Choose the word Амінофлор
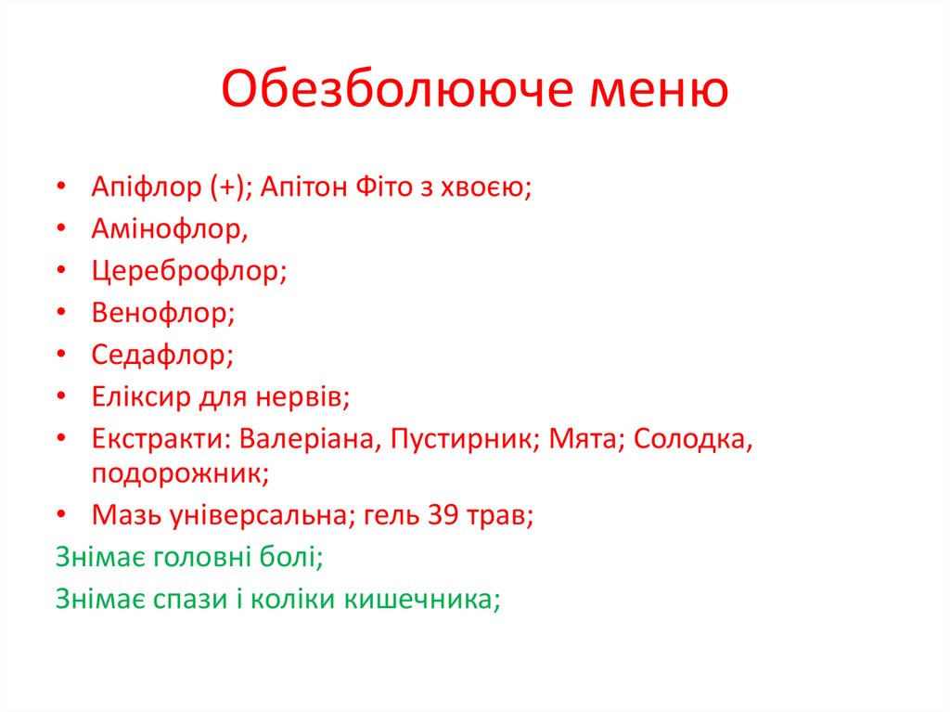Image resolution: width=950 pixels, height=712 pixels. pos(169,228)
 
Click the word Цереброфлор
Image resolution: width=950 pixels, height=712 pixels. pos(188,271)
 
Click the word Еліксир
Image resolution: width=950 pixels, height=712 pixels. pos(140,397)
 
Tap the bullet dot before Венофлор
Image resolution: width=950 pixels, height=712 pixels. pos(60,314)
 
